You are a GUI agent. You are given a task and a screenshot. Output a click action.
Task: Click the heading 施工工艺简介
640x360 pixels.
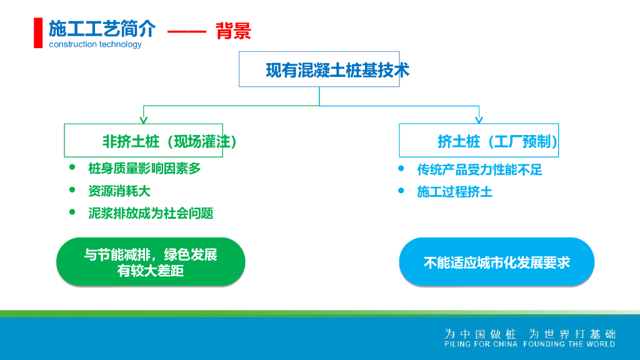point(102,29)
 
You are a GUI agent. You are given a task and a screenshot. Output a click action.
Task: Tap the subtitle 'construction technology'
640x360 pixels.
point(95,44)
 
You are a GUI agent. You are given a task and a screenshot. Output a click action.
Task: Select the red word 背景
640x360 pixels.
point(233,31)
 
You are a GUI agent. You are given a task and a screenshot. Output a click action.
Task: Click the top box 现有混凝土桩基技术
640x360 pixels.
point(319,69)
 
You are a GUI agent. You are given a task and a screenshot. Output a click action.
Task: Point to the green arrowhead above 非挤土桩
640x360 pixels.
point(144,119)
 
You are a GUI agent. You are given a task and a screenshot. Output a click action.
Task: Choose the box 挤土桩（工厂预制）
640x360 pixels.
point(479,141)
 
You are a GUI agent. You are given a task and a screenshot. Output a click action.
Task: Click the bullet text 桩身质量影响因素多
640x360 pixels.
point(144,168)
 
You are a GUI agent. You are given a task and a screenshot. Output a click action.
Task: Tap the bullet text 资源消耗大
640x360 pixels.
point(119,191)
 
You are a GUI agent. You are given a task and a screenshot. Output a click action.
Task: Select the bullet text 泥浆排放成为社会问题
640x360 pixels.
point(151,213)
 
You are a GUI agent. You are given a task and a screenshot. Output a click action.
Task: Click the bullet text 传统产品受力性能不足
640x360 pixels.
point(479,169)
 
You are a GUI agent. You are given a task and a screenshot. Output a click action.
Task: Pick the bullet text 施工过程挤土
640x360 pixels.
point(454,192)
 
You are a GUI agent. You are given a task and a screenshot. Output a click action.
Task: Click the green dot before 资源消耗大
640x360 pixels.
point(72,189)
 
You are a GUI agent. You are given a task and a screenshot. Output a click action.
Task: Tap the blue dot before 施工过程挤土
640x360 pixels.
point(401,190)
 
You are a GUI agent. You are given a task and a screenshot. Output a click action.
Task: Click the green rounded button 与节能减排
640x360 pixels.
point(151,262)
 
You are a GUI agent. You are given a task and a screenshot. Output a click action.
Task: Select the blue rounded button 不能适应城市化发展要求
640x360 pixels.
point(496,262)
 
